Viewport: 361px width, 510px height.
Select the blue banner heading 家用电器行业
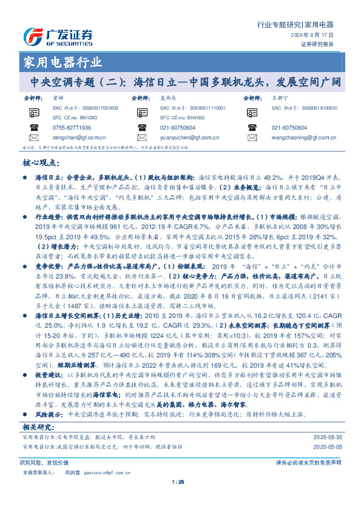tap(62, 63)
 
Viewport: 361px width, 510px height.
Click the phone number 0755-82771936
tap(72, 128)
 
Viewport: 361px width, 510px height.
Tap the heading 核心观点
tap(42, 164)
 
